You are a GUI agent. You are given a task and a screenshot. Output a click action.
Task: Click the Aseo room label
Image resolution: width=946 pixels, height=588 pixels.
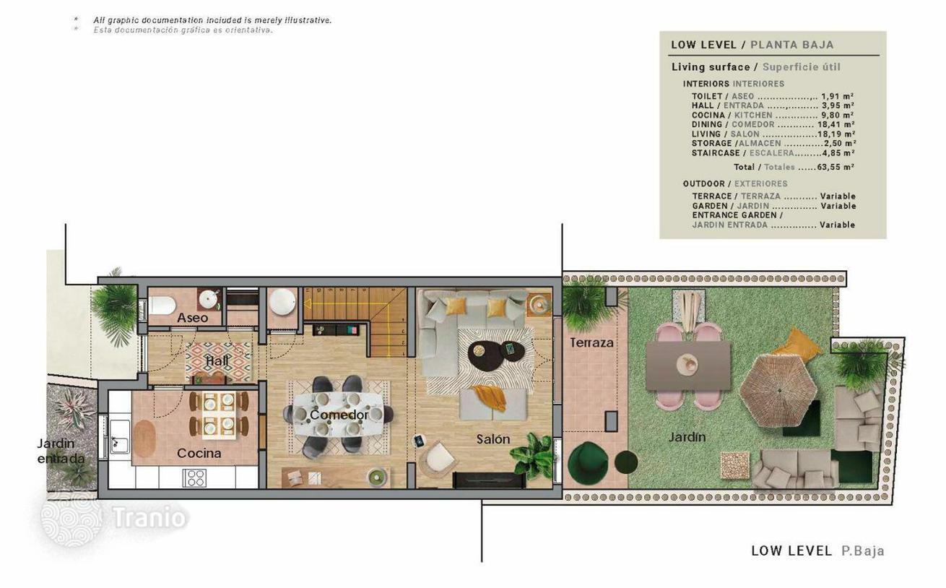point(192,318)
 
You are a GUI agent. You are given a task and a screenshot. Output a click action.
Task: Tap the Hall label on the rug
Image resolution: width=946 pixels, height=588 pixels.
point(217,360)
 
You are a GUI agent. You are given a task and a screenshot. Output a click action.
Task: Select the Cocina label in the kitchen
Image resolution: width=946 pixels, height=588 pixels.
point(199,453)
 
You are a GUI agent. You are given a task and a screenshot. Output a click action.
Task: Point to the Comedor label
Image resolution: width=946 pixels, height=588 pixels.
point(339,415)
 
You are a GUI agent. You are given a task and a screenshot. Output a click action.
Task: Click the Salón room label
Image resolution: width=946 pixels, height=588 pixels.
point(492,439)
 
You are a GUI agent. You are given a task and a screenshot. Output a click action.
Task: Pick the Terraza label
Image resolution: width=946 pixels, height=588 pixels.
point(591,342)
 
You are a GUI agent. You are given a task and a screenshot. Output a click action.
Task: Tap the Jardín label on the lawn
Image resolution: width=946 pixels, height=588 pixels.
point(687,437)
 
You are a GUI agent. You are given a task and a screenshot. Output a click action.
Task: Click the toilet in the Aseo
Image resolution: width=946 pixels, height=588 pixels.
point(162,305)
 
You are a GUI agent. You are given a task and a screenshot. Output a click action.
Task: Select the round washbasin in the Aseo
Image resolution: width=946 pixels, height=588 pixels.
point(208,300)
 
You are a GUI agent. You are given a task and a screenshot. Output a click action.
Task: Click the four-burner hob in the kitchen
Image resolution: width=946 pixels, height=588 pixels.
point(195,477)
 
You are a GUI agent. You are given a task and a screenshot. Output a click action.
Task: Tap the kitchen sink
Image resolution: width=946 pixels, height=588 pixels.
point(119,437)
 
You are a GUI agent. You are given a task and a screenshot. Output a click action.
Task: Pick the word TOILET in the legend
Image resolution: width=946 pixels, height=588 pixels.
point(706,96)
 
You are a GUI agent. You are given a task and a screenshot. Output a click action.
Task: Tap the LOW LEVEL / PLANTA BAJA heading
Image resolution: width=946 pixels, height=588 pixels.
point(752,45)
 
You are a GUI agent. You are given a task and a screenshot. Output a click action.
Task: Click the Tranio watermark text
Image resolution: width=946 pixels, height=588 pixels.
point(149,517)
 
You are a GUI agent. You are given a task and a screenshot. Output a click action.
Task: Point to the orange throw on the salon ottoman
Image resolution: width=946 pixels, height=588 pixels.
point(490,397)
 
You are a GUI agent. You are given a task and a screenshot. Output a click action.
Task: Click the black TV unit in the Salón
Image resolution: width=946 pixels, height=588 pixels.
point(489,480)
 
